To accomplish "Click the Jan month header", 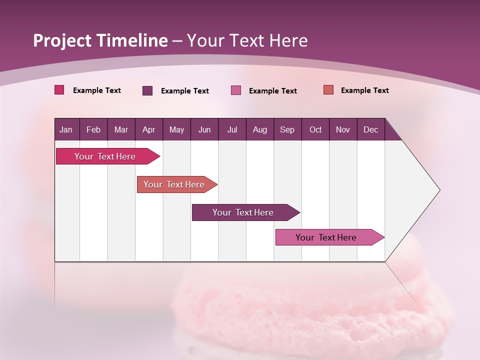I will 66,129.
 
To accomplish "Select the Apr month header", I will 148,129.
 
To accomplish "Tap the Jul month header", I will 232,129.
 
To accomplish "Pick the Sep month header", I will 287,129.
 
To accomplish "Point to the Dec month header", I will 370,129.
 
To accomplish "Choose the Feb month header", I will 93,129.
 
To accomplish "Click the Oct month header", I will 315,129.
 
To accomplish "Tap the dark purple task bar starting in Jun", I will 243,212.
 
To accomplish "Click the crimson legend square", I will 59,90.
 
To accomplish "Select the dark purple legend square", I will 147,90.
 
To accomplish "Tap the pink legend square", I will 236,90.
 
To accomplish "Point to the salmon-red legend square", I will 328,90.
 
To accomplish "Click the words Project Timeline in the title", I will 100,40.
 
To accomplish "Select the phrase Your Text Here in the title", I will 247,40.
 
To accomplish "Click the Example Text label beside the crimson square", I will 97,90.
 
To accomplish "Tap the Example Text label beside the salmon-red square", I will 365,90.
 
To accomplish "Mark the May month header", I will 176,129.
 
